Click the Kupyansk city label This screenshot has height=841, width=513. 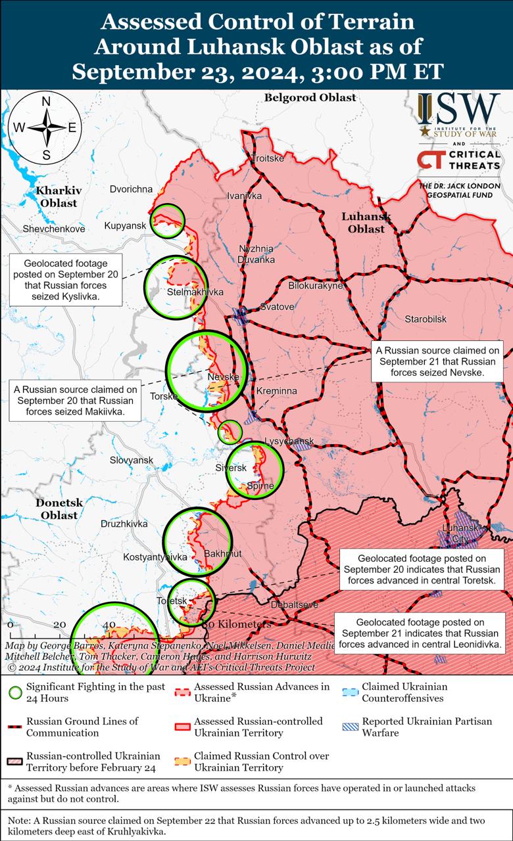tap(125, 226)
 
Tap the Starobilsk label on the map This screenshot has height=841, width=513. tap(426, 319)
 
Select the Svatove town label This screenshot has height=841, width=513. tap(277, 307)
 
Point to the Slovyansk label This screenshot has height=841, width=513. tap(132, 460)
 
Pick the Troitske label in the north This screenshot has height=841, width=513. tap(268, 159)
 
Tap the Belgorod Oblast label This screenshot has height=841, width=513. tap(310, 98)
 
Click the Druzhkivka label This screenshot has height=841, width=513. tap(124, 524)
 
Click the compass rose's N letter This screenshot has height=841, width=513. tap(46, 101)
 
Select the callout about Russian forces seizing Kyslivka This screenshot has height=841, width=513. tap(66, 280)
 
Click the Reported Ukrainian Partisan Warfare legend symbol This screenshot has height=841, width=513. tap(351, 727)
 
